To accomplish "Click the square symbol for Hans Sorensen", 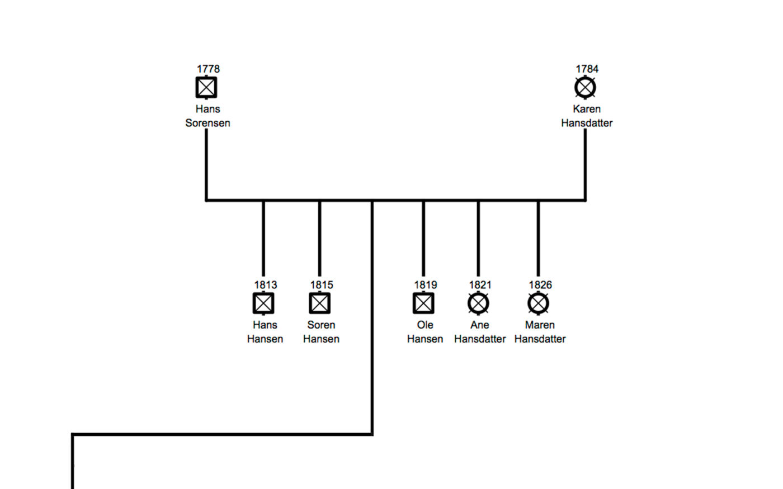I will (x=206, y=87).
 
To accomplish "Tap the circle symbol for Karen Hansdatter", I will (x=586, y=87).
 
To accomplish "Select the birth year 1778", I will (x=208, y=69).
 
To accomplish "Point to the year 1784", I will (x=587, y=69).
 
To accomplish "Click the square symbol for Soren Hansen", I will (x=320, y=303).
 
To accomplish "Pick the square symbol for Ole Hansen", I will (x=423, y=303).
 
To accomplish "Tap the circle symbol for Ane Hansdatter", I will (x=478, y=303).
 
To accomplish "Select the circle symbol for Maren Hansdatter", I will (x=538, y=303).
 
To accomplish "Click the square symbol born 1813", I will (x=263, y=303).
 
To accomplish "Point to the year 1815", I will (x=322, y=285).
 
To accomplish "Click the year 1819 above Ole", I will (x=426, y=285).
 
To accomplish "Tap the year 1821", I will (x=480, y=285).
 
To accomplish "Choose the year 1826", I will (x=540, y=285).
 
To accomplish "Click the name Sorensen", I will (x=207, y=123).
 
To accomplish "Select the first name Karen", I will (x=587, y=109).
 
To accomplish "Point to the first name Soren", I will (x=321, y=325).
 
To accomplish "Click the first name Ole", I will (x=425, y=325).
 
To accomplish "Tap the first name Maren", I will (x=540, y=325).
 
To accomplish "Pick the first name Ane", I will (x=480, y=325).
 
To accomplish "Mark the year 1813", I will (x=266, y=285).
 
